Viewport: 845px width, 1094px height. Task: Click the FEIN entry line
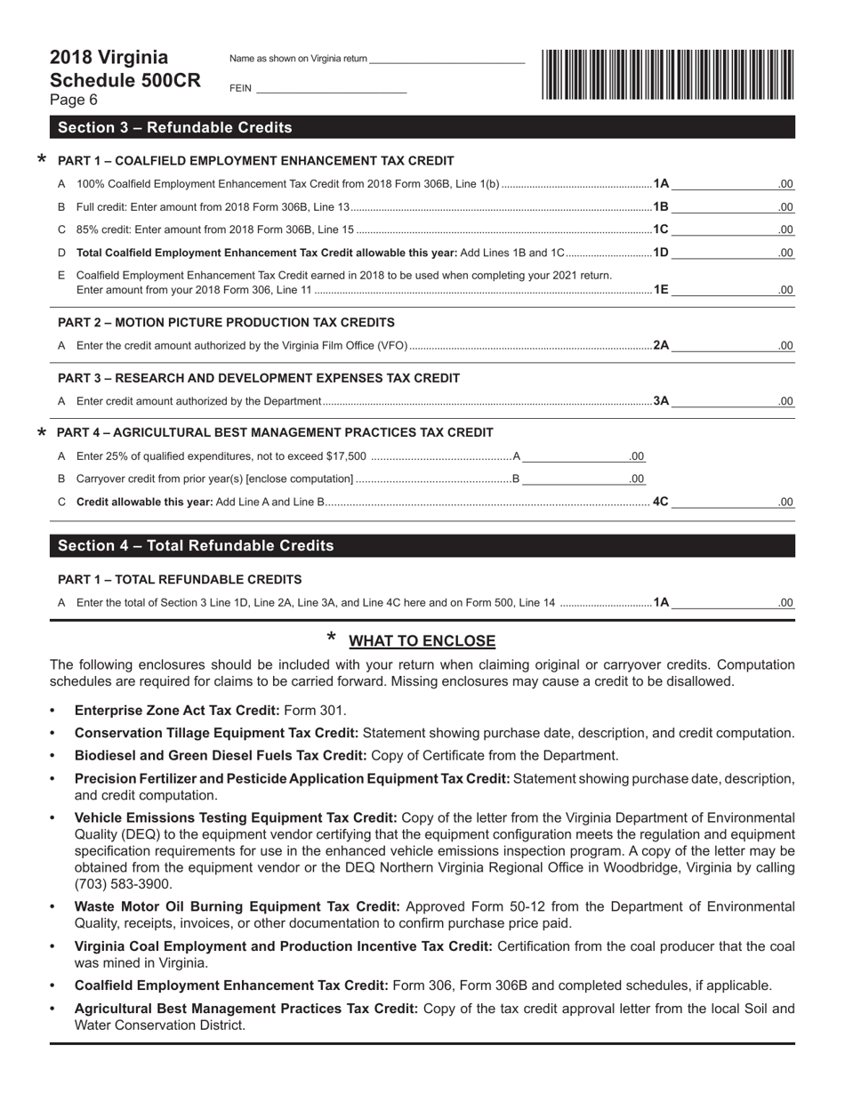click(x=331, y=88)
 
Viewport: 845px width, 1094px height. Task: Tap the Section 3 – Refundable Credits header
click(x=174, y=127)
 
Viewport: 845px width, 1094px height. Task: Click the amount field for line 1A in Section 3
click(x=731, y=184)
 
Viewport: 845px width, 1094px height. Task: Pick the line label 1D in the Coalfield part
click(x=661, y=253)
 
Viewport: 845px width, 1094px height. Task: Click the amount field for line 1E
click(x=731, y=289)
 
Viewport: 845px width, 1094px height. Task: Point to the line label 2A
click(x=661, y=345)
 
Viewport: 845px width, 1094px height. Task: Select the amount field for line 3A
click(x=731, y=401)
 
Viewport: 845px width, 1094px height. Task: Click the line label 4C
click(x=661, y=501)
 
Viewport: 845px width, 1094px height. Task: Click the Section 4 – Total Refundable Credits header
click(x=196, y=545)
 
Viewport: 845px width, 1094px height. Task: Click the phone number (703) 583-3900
click(x=124, y=884)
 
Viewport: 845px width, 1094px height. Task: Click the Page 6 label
click(x=74, y=101)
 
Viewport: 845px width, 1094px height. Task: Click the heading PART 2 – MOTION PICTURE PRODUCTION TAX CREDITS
click(x=226, y=322)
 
